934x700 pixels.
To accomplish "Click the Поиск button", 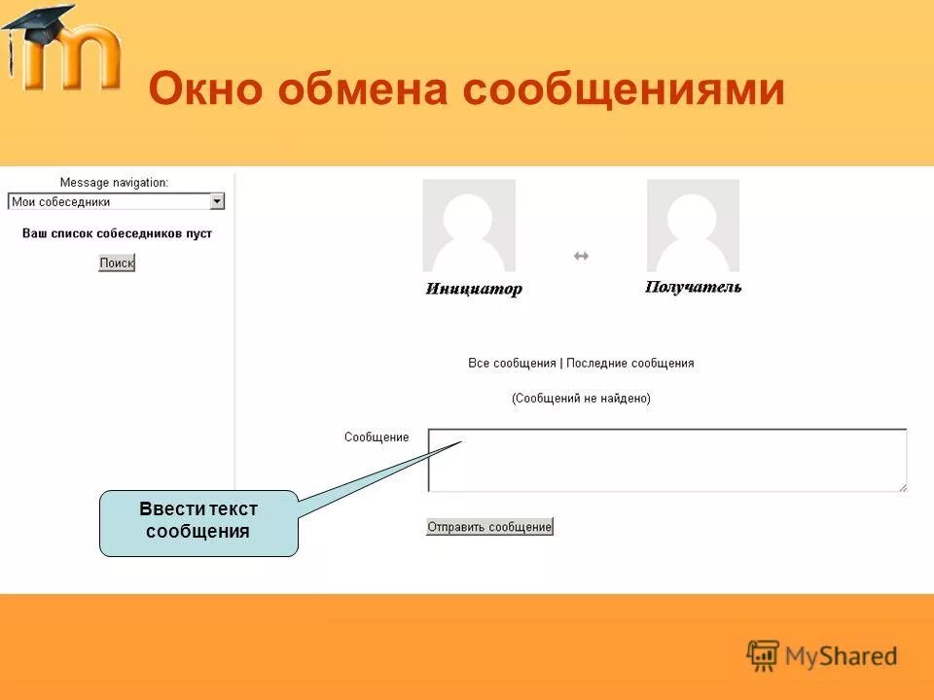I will tap(117, 262).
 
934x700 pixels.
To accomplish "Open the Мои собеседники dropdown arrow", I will tap(217, 201).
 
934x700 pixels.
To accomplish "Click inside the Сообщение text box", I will tap(667, 460).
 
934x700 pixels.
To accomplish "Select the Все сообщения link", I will tap(512, 363).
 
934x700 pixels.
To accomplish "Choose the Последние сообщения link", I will tap(630, 363).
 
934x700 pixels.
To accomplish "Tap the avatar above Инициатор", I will tap(469, 226).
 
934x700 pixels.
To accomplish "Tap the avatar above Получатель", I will tap(693, 226).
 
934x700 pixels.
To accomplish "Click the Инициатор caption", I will tap(474, 289).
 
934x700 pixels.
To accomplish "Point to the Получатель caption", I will tap(693, 287).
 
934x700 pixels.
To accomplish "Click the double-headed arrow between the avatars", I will tap(581, 256).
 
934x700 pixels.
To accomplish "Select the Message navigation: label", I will tap(114, 182).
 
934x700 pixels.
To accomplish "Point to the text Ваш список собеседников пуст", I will tap(117, 233).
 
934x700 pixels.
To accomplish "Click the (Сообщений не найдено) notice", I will tap(581, 398).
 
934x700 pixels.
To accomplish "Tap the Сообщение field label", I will tap(377, 437).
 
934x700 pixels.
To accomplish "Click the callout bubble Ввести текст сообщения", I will tap(198, 522).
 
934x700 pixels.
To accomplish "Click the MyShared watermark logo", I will tap(822, 655).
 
